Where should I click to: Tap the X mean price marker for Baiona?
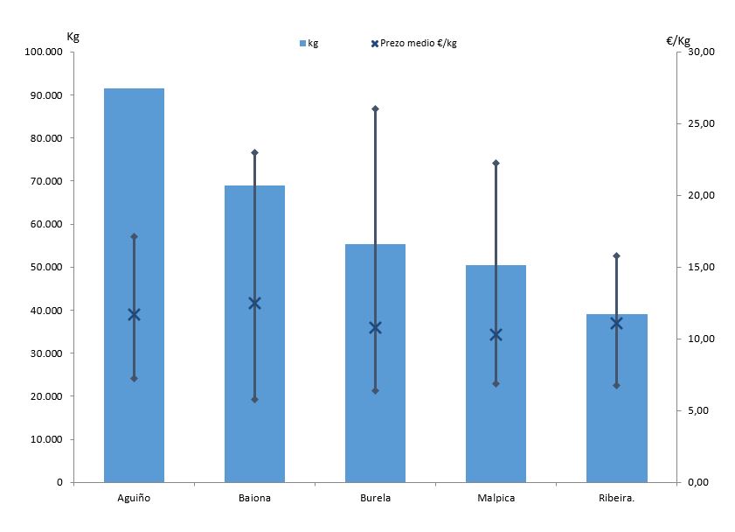click(x=254, y=304)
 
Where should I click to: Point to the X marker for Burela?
click(x=375, y=328)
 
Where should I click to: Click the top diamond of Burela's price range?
click(x=375, y=108)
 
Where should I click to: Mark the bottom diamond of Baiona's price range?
click(x=254, y=400)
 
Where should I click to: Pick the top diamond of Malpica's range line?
click(x=496, y=163)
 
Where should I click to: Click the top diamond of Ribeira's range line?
click(x=616, y=255)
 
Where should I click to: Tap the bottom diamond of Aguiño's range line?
click(x=134, y=379)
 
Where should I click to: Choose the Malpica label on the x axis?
click(x=496, y=499)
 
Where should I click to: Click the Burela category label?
click(x=375, y=499)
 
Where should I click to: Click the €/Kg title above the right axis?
click(x=677, y=40)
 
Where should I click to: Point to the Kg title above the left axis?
click(x=73, y=36)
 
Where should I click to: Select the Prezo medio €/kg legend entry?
click(x=418, y=44)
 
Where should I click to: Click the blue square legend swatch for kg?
click(x=302, y=44)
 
